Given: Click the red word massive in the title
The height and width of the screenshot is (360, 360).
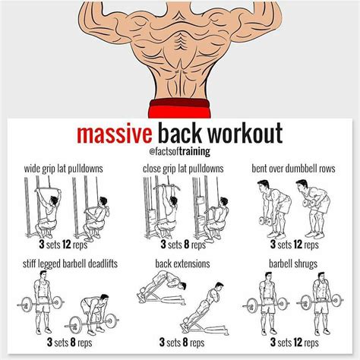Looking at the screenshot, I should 112,134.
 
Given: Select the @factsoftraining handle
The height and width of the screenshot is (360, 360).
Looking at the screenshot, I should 179,152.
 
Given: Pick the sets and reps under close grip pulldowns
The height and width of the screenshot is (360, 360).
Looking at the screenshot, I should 180,245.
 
